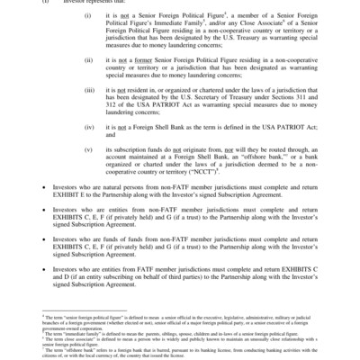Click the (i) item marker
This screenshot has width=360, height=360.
click(x=112, y=15)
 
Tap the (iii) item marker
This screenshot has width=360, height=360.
click(x=112, y=91)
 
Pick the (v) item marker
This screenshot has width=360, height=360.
click(x=112, y=148)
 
